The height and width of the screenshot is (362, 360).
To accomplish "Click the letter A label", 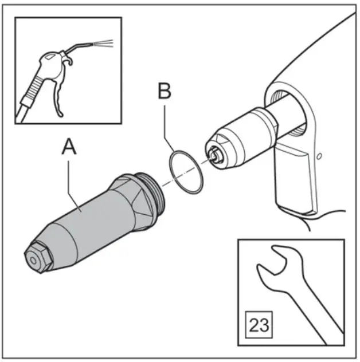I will pos(68,148).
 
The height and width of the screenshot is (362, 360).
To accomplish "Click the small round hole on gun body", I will pos(320,155).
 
